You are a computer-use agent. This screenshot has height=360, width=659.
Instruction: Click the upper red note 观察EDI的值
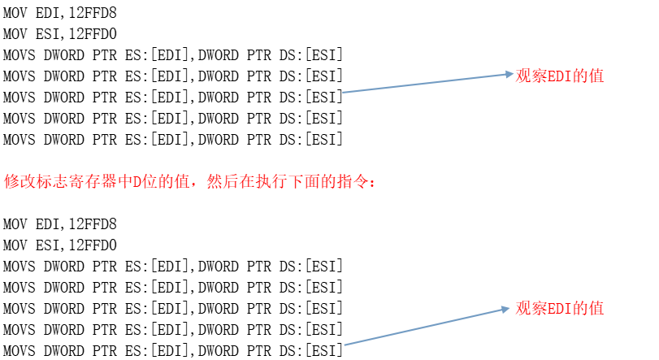[560, 76]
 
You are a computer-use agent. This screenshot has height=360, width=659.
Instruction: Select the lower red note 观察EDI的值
[560, 309]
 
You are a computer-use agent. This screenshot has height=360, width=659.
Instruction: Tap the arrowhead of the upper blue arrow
[508, 75]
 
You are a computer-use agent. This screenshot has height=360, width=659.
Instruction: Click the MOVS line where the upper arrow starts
[172, 98]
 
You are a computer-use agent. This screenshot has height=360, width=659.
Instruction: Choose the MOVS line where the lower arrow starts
[172, 350]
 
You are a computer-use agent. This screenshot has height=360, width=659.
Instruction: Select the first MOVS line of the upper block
[172, 55]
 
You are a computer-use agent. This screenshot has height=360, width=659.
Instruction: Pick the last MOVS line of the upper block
[172, 140]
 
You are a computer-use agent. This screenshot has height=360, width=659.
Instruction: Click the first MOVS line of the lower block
[172, 266]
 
